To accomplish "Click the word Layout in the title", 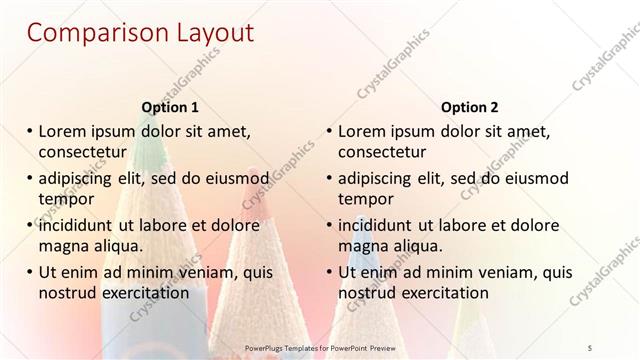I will click(205, 32).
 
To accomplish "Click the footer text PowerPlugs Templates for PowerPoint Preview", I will click(320, 348).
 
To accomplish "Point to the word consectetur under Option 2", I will click(382, 152).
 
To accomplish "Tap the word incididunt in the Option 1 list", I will click(78, 225).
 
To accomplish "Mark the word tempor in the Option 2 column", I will click(366, 199).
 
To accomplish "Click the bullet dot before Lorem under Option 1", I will click(29, 131).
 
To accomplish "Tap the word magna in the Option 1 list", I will click(62, 246).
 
